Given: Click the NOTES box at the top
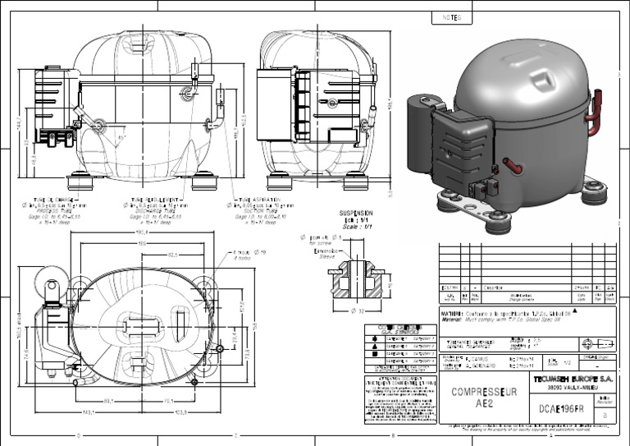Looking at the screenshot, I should (x=452, y=17).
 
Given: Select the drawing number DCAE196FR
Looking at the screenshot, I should (x=561, y=408).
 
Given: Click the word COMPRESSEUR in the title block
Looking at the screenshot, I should (x=484, y=392).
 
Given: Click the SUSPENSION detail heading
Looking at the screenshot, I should (x=357, y=213).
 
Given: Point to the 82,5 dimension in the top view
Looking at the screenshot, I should (x=173, y=255).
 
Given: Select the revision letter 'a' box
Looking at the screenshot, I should (x=605, y=416).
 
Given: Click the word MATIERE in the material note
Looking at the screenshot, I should (x=454, y=313).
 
